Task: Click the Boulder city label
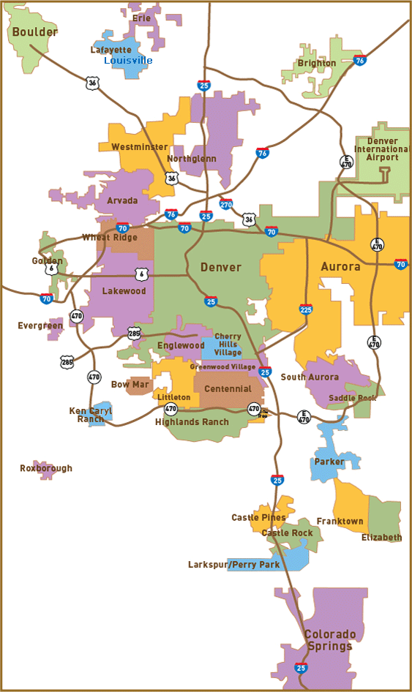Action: (x=34, y=32)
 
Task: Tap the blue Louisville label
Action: (x=128, y=60)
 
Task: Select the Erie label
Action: (x=141, y=18)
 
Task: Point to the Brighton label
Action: (x=316, y=64)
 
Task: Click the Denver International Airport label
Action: (x=382, y=149)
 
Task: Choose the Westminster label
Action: (x=139, y=147)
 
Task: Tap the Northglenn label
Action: (x=191, y=159)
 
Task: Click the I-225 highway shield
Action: (x=306, y=309)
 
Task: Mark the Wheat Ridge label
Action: (x=110, y=238)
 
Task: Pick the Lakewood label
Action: (x=124, y=291)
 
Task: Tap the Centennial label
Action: (x=228, y=388)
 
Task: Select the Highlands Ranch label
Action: (x=192, y=422)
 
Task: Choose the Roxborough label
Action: (x=46, y=468)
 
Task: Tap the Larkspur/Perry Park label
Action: (x=233, y=565)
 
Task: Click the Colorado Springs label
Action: (x=329, y=640)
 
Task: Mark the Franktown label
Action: (x=340, y=522)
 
